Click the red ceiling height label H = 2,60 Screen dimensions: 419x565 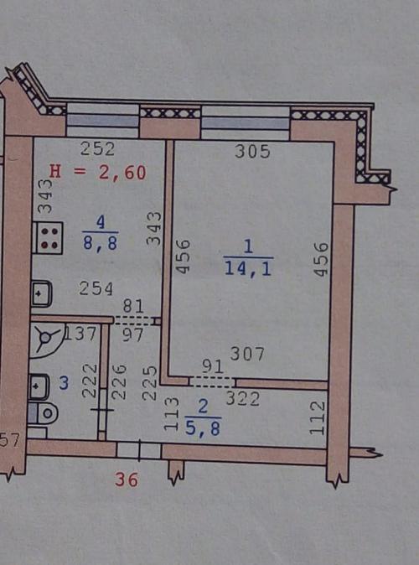(98, 172)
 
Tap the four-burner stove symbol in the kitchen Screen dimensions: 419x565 (47, 238)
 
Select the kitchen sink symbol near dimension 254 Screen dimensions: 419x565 (42, 293)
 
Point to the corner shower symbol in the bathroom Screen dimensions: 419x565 (47, 339)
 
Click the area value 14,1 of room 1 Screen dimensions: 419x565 (248, 268)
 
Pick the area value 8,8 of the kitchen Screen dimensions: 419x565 (101, 243)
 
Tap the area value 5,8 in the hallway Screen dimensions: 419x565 (203, 428)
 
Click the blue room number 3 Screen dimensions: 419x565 (64, 383)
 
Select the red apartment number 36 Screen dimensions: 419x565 (127, 480)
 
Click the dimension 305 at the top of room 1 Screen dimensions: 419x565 (252, 152)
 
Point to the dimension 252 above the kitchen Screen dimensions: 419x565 (97, 148)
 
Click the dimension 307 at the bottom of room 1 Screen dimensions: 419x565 (247, 355)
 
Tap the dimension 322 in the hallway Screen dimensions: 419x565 (242, 399)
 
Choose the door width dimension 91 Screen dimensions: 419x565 (213, 366)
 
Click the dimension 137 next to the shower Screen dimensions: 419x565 (80, 334)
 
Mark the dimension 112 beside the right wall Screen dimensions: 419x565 (318, 418)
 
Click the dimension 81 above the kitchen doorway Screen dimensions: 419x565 (133, 306)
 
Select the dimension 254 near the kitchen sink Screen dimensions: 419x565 (96, 288)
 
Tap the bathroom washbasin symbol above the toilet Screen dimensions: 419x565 (39, 387)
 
